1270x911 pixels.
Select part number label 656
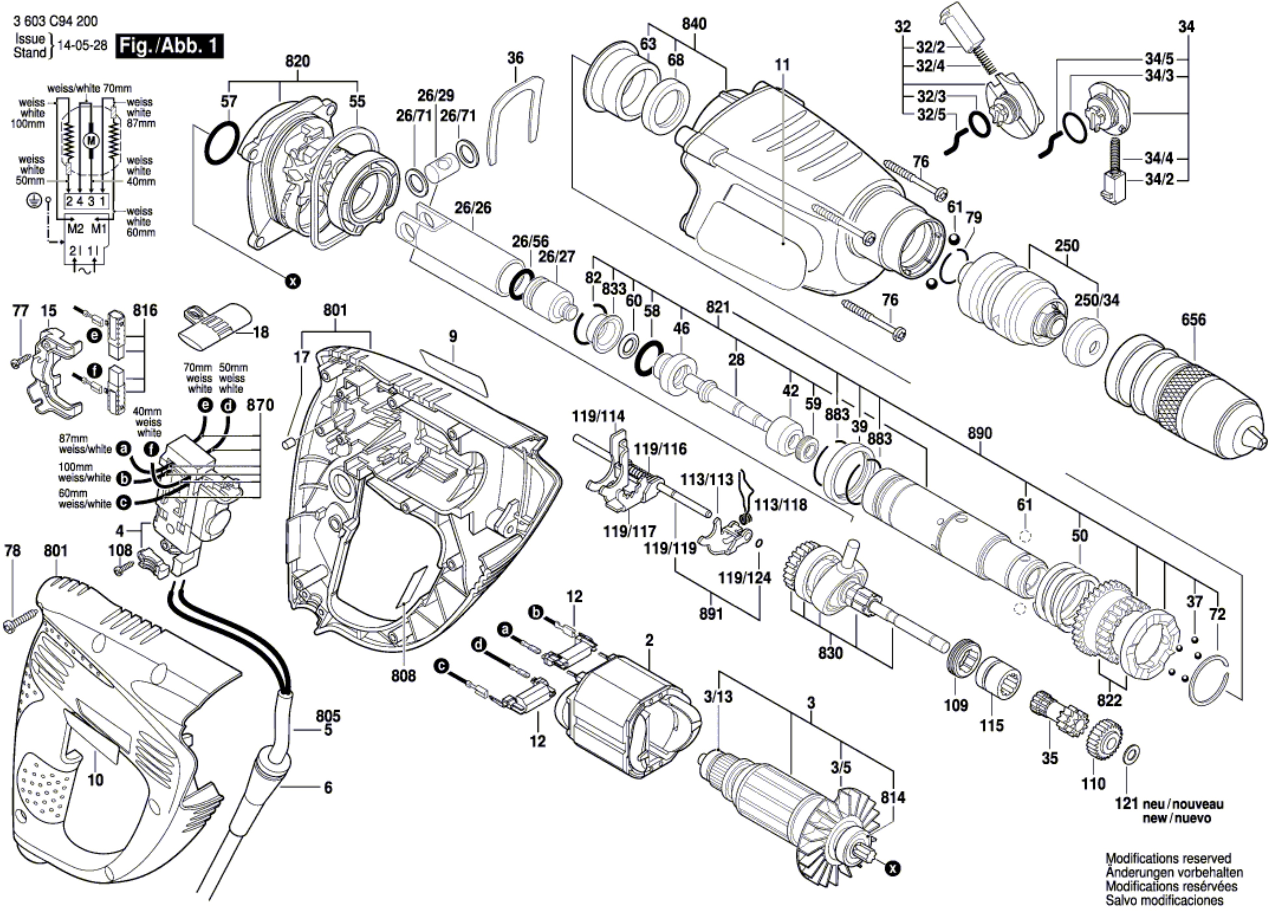pos(1193,320)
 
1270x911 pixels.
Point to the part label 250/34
pos(1096,300)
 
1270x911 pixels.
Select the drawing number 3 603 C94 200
pos(54,21)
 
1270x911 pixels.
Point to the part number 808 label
pos(403,676)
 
